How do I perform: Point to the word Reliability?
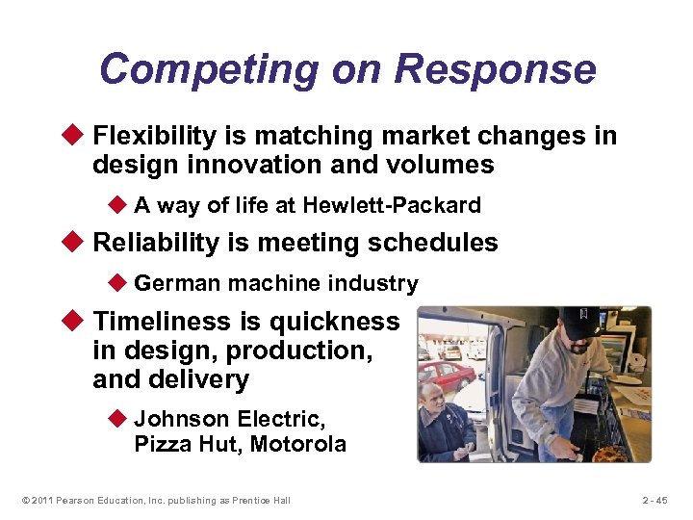[x=156, y=243]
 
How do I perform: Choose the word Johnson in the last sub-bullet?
[x=182, y=419]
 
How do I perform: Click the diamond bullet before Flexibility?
[x=77, y=136]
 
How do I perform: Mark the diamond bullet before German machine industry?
[x=119, y=283]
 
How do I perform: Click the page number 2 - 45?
[x=660, y=500]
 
